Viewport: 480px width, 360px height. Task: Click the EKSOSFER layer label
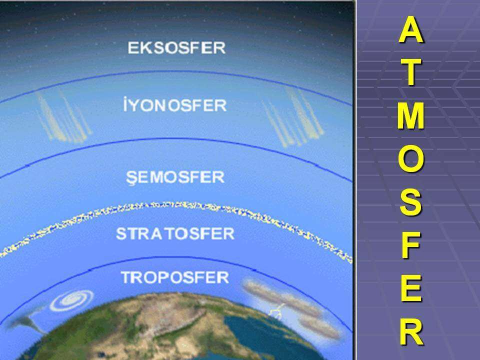point(176,48)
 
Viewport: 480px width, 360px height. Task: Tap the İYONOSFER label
point(175,105)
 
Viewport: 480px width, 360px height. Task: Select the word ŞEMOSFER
point(175,177)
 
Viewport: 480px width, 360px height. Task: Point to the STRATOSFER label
point(175,233)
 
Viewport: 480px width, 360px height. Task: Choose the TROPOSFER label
point(175,277)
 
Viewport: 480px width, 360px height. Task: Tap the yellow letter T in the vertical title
point(411,72)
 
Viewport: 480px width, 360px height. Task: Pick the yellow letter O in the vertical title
point(411,159)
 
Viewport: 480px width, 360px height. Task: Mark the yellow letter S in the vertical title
point(411,202)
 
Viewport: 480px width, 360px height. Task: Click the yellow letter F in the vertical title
point(411,245)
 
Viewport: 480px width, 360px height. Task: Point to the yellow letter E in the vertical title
point(411,288)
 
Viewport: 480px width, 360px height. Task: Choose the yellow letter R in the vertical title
point(411,331)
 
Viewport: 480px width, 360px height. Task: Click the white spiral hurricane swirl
point(71,300)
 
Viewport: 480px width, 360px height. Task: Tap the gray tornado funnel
point(27,321)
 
